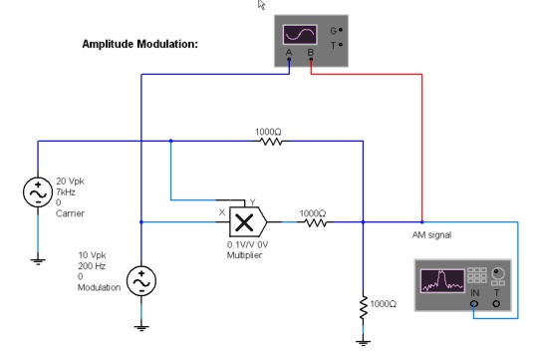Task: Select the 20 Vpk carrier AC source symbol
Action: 38,191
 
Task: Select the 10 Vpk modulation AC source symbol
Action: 141,282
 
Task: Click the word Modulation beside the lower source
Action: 100,287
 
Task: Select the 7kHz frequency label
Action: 66,190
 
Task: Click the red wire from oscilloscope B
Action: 421,150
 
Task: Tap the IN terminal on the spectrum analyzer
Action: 474,304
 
